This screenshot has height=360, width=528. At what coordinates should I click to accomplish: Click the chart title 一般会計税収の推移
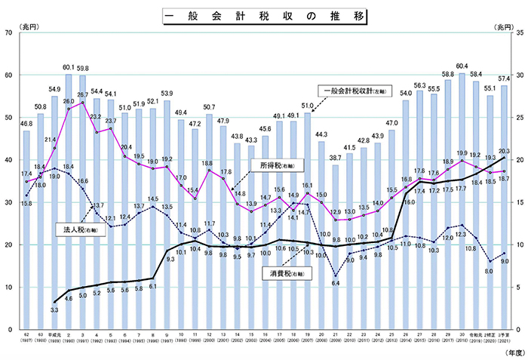(x=264, y=14)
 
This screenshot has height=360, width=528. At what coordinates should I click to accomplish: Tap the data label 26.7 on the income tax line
(x=82, y=95)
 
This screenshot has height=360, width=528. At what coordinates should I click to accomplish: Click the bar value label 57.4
(x=504, y=78)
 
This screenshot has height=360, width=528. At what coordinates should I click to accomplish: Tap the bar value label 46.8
(x=26, y=123)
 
